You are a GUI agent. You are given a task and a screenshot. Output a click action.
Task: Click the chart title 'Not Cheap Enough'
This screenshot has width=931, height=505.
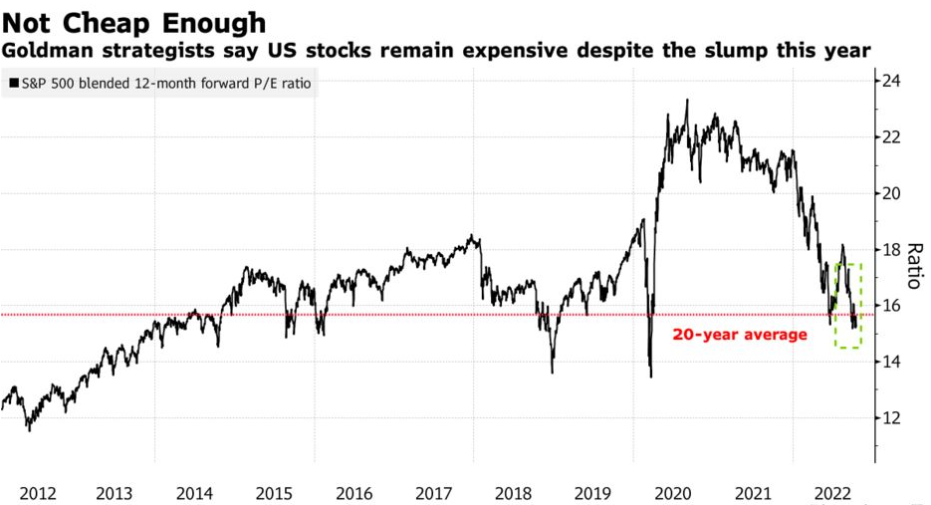[134, 22]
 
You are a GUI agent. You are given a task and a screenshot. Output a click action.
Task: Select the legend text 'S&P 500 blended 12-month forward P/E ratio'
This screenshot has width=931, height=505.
[166, 85]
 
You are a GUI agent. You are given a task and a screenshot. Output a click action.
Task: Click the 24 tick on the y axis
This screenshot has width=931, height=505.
[892, 81]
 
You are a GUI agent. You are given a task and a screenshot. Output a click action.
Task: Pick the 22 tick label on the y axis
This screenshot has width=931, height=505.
[892, 136]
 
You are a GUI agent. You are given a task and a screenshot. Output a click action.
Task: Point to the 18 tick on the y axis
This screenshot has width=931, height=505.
[892, 249]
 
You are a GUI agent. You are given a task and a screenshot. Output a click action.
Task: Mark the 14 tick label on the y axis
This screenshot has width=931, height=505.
[892, 362]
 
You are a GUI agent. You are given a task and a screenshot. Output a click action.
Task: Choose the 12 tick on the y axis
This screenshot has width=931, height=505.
[892, 418]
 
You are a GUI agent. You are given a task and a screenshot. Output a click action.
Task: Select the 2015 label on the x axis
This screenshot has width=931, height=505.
[274, 492]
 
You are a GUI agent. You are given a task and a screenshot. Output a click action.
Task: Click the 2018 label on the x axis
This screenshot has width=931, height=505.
[514, 492]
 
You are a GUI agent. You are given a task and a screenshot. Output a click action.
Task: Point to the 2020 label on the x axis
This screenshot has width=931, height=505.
[673, 492]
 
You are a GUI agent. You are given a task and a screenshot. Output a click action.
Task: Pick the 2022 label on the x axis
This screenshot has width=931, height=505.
[832, 492]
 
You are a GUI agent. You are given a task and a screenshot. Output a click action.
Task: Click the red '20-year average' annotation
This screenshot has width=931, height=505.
[740, 335]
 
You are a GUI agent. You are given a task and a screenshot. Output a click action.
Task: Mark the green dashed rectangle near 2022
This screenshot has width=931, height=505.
[848, 306]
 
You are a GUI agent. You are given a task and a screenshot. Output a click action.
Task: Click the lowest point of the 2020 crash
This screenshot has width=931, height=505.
[650, 377]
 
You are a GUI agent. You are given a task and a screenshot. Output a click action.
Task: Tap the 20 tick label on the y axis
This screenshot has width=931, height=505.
[892, 193]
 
